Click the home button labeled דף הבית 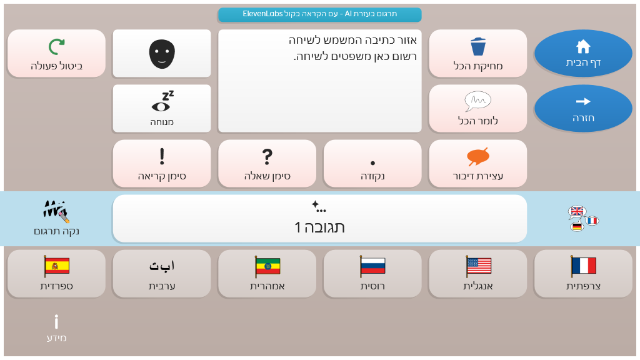pos(583,53)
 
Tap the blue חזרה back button pos(583,109)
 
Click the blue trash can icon pos(478,46)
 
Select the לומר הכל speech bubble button pos(478,109)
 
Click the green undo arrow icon pos(57,47)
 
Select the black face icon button pos(162,53)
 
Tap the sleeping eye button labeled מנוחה pos(162,109)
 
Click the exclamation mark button pos(162,164)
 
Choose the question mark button pos(267,164)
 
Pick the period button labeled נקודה pos(372,164)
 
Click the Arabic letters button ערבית pos(162,274)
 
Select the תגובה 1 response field pos(319,218)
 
